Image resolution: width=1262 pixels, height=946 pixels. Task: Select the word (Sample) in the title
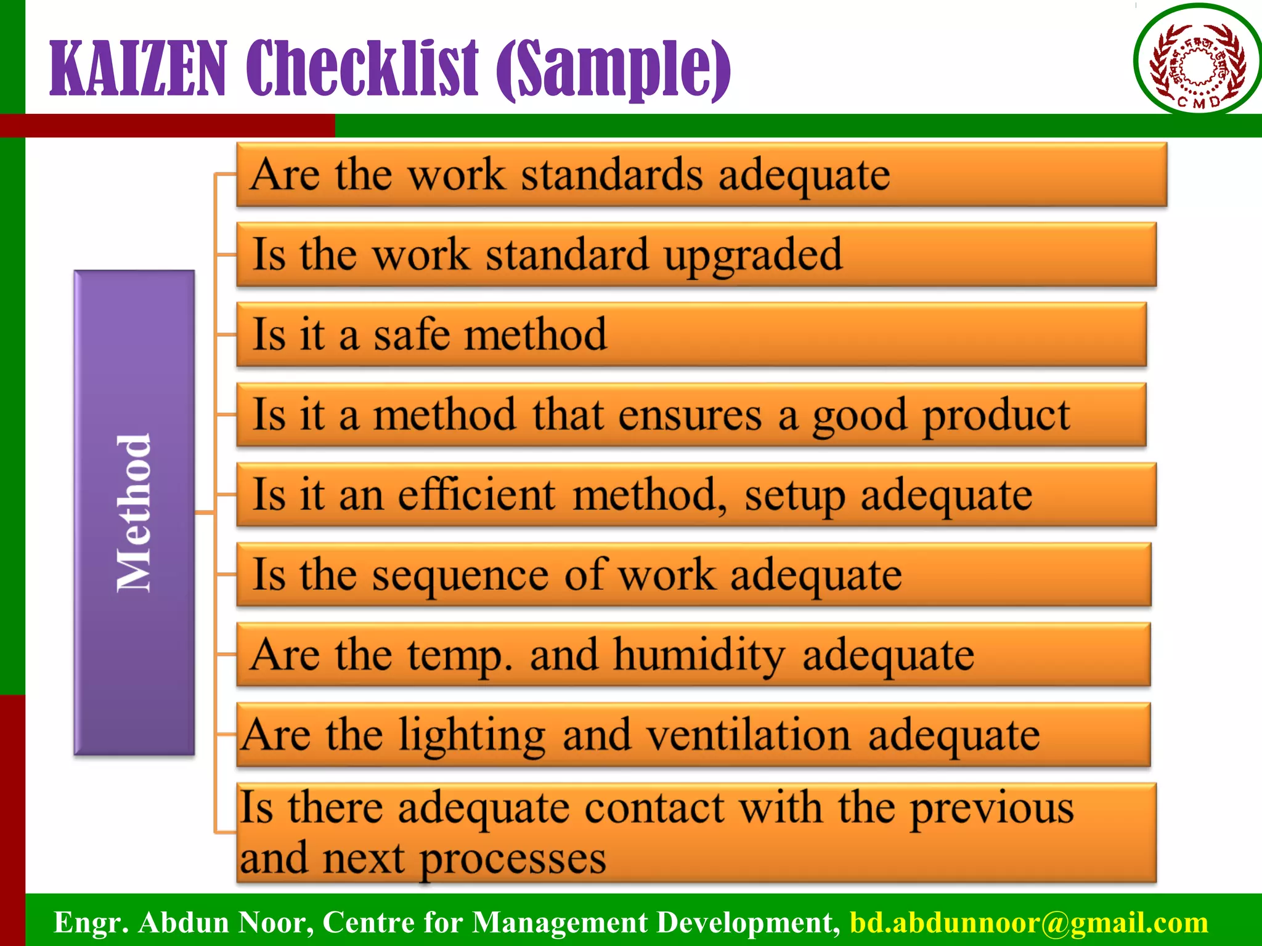(614, 69)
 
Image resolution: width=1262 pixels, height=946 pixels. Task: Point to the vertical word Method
(134, 513)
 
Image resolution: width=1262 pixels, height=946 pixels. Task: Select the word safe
(412, 334)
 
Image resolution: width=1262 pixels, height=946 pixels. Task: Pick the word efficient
(477, 495)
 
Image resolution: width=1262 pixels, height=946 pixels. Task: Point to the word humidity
(699, 655)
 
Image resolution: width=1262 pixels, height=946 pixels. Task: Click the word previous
(992, 809)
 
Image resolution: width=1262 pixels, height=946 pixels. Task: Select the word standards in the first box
(611, 175)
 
